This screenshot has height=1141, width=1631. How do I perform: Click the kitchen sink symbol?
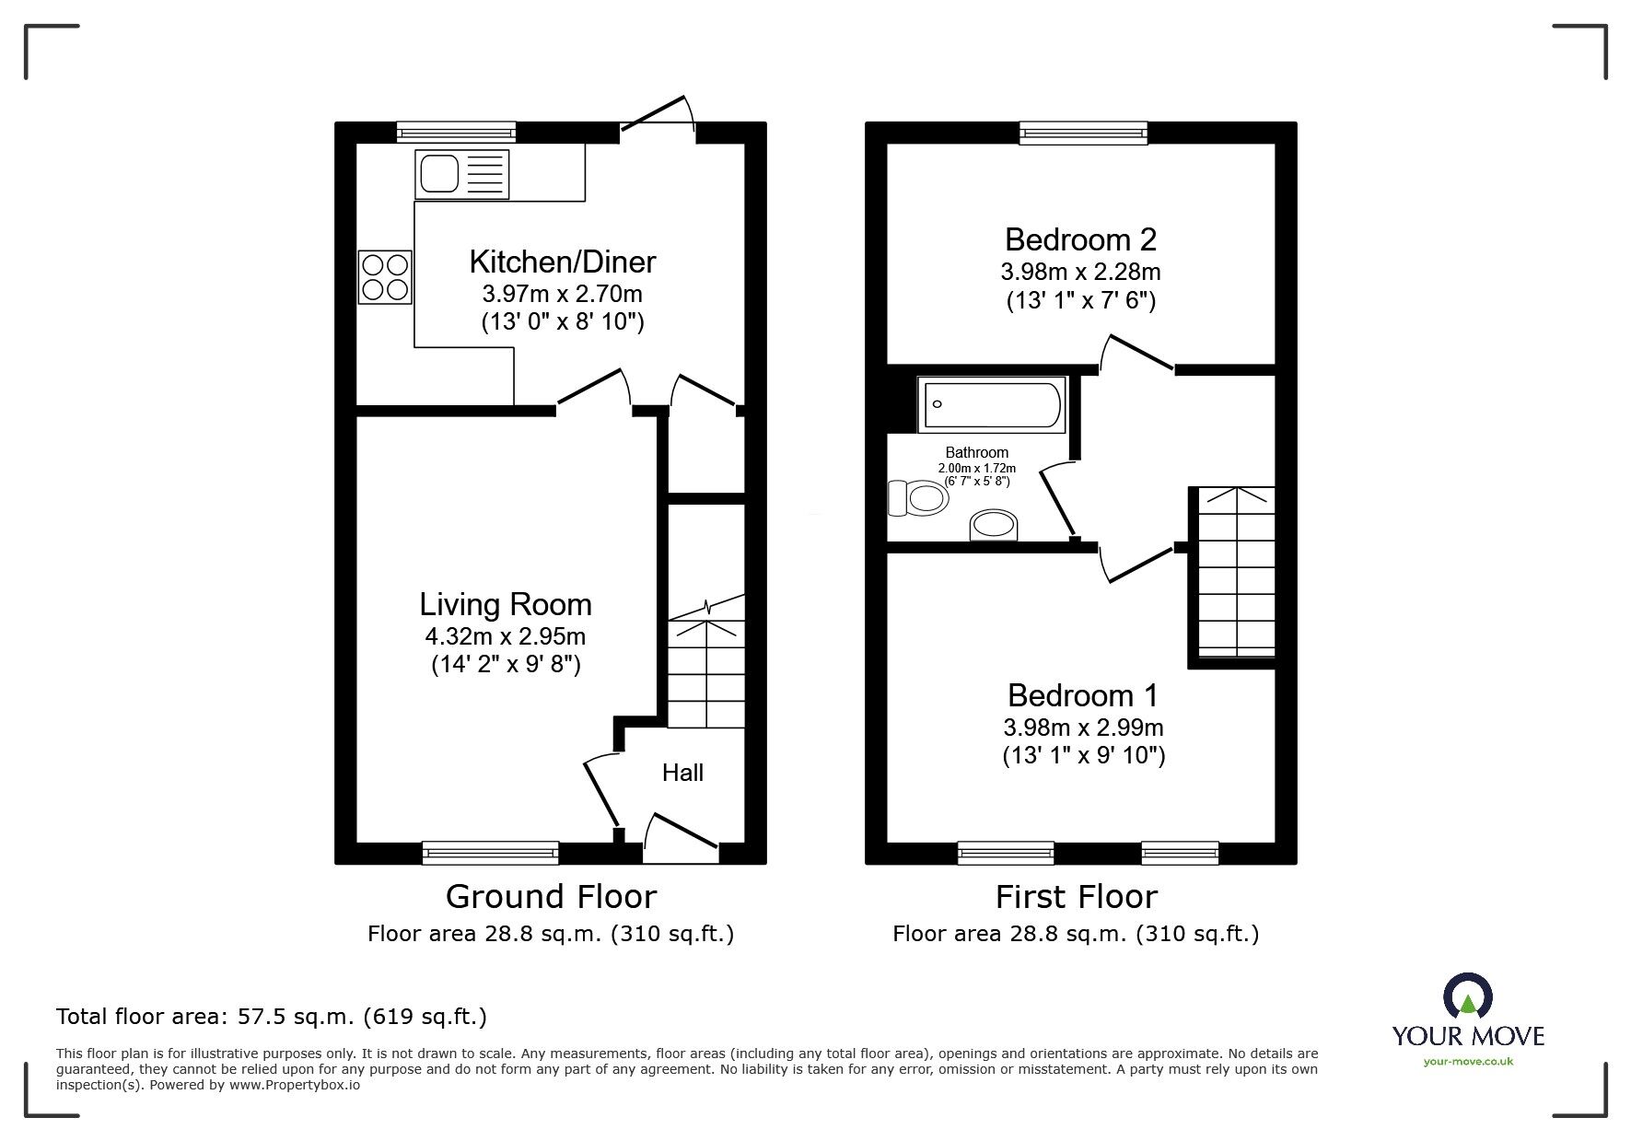click(461, 174)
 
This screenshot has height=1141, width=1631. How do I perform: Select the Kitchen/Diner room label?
click(562, 262)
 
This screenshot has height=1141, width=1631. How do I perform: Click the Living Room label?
click(506, 604)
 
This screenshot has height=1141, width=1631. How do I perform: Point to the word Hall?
click(682, 773)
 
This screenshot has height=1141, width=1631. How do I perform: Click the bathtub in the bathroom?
click(992, 403)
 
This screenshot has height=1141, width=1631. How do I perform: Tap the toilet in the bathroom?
click(917, 498)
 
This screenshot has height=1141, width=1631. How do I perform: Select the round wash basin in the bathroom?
click(995, 526)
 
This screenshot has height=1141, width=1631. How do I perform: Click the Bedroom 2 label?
click(1079, 239)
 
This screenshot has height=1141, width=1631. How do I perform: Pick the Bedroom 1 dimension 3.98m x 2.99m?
click(1083, 727)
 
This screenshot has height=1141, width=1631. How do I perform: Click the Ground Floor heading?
click(551, 896)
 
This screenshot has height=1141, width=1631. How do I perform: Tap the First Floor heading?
click(1076, 896)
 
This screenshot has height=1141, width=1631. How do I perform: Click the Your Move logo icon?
click(1467, 996)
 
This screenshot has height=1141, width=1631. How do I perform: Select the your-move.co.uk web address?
click(1468, 1062)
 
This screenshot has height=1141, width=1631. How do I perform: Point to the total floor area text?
click(272, 1017)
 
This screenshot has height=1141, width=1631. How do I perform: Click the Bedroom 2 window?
click(1084, 133)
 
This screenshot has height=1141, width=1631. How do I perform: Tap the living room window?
click(491, 853)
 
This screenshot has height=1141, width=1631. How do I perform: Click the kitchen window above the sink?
click(456, 133)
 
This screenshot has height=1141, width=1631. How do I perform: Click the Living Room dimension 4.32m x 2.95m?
click(506, 635)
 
